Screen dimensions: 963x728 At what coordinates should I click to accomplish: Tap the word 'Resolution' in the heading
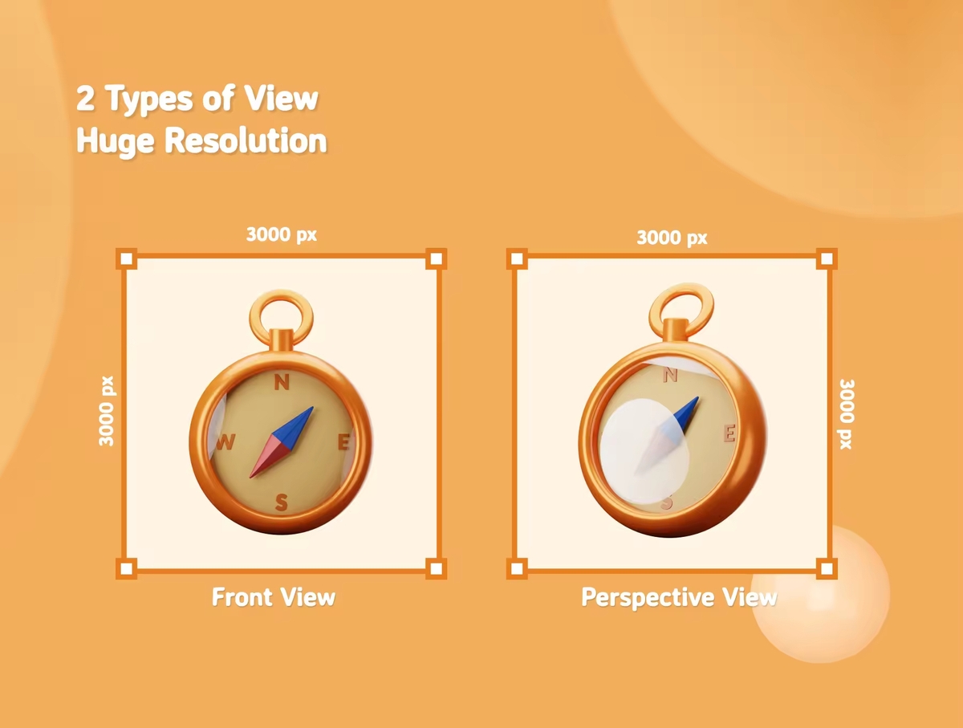(246, 140)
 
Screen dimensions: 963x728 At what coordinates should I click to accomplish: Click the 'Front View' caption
(274, 597)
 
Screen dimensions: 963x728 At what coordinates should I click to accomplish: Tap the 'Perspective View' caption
(679, 598)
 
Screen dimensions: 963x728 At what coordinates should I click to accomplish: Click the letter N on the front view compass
(282, 382)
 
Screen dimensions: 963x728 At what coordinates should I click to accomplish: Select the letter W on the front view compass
(225, 442)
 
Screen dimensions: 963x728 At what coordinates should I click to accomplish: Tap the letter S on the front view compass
(281, 502)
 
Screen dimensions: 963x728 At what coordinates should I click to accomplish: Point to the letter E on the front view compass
(344, 442)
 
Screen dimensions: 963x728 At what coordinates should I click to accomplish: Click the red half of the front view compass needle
(269, 457)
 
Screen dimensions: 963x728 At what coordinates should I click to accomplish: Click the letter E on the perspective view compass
(729, 433)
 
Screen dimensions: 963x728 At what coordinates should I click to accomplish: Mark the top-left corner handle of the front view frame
(126, 259)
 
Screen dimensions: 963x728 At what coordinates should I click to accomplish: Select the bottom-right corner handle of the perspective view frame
(827, 569)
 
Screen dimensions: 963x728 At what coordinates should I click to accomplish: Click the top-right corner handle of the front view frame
(436, 259)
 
